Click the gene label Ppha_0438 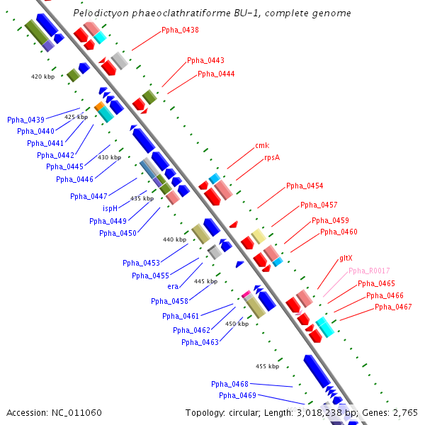tap(180, 30)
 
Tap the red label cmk tap(262, 146)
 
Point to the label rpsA tap(272, 158)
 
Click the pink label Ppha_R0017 tap(369, 271)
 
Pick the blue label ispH tap(110, 209)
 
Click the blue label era tap(173, 287)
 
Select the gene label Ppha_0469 tap(237, 396)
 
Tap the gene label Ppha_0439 tap(25, 120)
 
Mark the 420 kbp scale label tap(43, 76)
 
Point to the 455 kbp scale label tap(267, 366)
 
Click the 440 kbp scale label tap(174, 239)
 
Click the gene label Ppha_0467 tap(393, 307)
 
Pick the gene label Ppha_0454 tap(305, 186)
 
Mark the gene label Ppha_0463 tap(200, 343)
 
